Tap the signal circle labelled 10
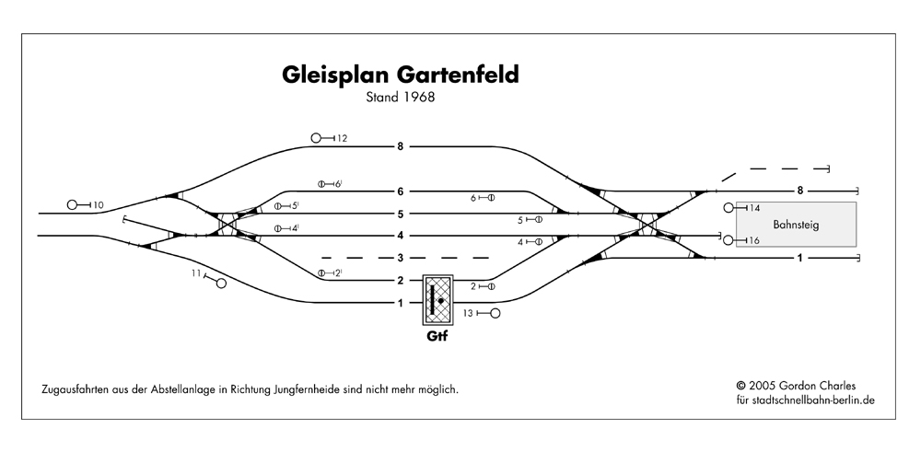(74, 204)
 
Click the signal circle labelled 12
(317, 138)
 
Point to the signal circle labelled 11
(221, 284)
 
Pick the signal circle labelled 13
(495, 314)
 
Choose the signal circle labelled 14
(729, 208)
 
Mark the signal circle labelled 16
(729, 240)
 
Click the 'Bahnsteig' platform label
(796, 225)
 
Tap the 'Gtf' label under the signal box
(436, 338)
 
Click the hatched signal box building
(437, 298)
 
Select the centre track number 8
(401, 146)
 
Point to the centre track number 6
(401, 191)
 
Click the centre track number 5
(401, 214)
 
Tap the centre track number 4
(401, 236)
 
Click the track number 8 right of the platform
(799, 191)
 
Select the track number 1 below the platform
(799, 258)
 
